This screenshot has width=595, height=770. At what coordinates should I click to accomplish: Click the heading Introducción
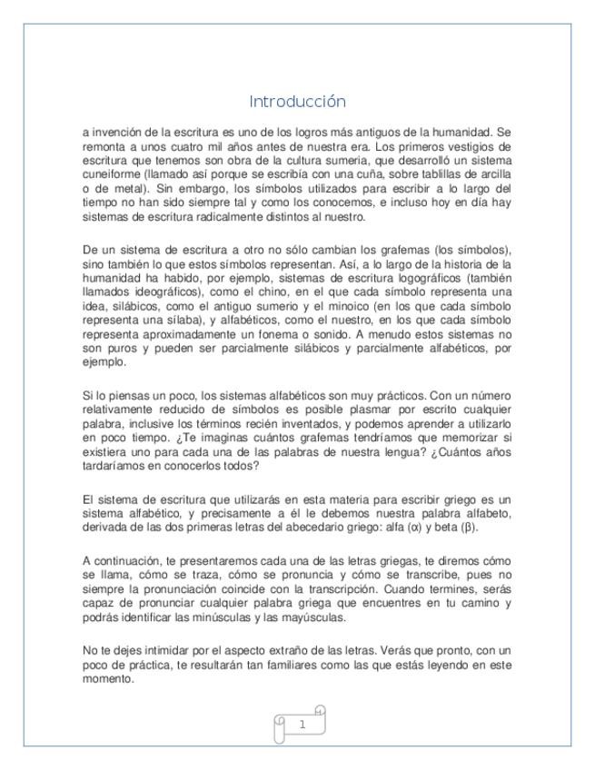(297, 101)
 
